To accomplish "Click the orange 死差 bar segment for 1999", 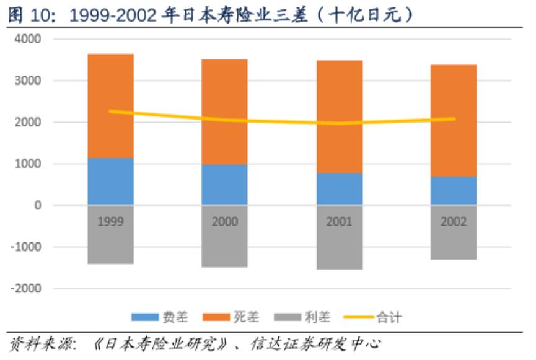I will click(x=111, y=105).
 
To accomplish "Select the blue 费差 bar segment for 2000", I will click(x=224, y=185).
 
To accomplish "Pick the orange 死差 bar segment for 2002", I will click(x=454, y=121).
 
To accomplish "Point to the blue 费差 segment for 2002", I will click(x=454, y=191).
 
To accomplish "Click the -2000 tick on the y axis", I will click(x=27, y=288).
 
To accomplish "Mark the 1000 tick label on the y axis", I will click(x=29, y=164).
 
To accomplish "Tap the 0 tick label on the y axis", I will click(x=37, y=205).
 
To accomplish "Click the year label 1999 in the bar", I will click(x=111, y=221).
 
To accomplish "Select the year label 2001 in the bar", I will click(x=339, y=221).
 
